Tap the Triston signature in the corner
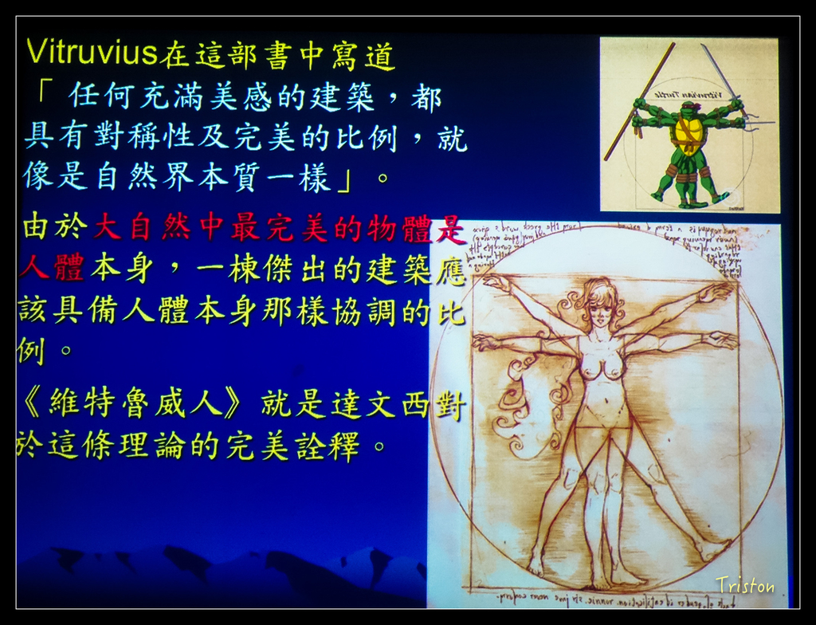pyautogui.click(x=744, y=585)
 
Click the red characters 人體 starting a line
pyautogui.click(x=50, y=268)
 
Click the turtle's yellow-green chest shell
pyautogui.click(x=688, y=133)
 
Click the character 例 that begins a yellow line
pyautogui.click(x=29, y=349)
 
